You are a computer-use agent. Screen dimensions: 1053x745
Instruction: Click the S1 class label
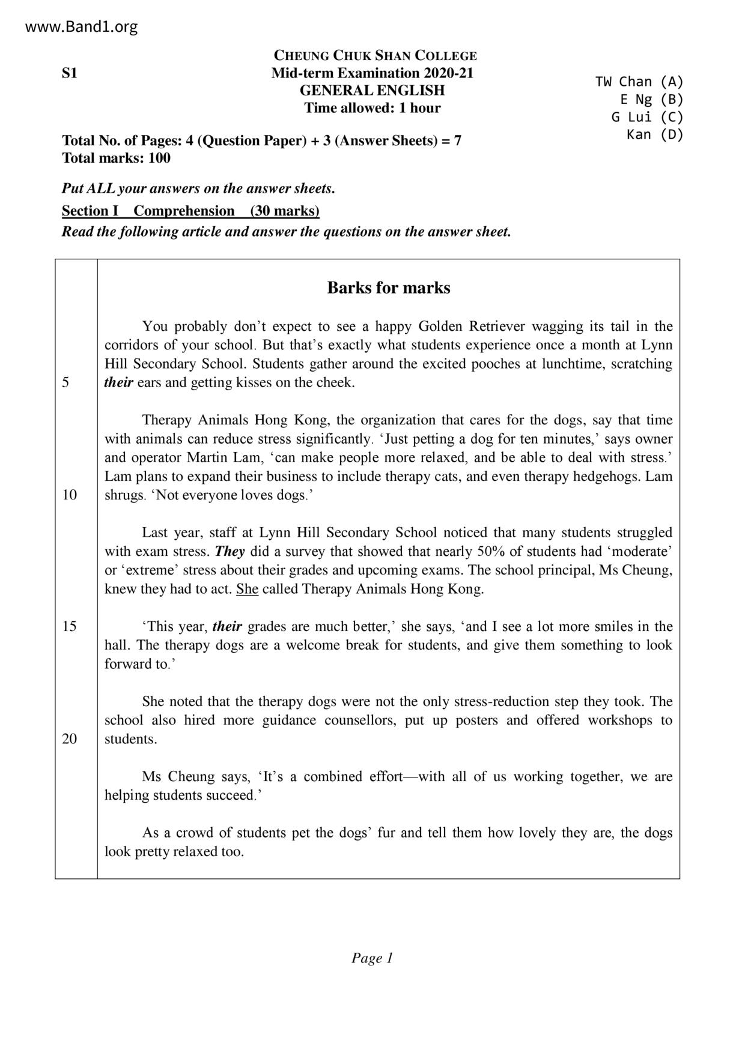point(70,73)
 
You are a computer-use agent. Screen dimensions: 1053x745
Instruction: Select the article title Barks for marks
point(388,288)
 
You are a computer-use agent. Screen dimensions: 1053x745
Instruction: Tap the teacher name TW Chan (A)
point(639,82)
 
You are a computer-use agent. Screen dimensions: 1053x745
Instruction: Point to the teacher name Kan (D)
point(655,134)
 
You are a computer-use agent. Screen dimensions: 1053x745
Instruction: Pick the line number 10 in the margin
point(70,495)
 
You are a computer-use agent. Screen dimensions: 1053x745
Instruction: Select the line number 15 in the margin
point(70,626)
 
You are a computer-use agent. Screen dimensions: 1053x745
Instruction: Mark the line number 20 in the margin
point(70,739)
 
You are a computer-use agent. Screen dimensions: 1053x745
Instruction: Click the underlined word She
point(247,589)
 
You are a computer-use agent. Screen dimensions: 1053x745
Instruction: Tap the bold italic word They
point(229,551)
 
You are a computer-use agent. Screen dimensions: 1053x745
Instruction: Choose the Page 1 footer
point(372,958)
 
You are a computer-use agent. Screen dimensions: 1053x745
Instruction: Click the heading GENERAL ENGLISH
point(372,91)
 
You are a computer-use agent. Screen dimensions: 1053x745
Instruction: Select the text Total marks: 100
point(116,158)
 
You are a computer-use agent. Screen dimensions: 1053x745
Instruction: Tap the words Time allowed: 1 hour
point(372,108)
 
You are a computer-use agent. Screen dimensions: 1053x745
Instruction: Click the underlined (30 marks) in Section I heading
point(285,211)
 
